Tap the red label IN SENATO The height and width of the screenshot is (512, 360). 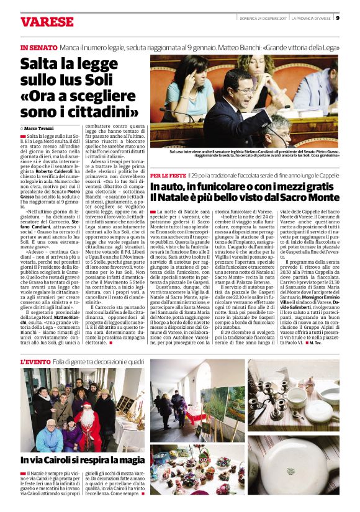coord(38,47)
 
